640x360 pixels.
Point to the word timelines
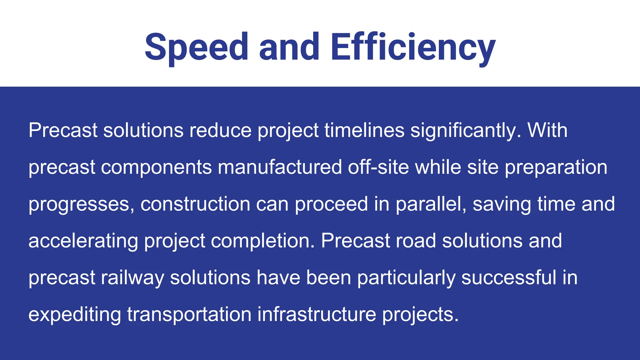tap(364, 130)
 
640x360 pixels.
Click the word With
tap(547, 130)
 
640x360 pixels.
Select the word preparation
tap(556, 167)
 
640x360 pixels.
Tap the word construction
tap(195, 204)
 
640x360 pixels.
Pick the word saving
tap(502, 204)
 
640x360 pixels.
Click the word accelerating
tap(83, 241)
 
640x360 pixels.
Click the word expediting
tap(75, 314)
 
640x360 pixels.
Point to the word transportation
tap(189, 314)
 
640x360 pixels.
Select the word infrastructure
tap(317, 314)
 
